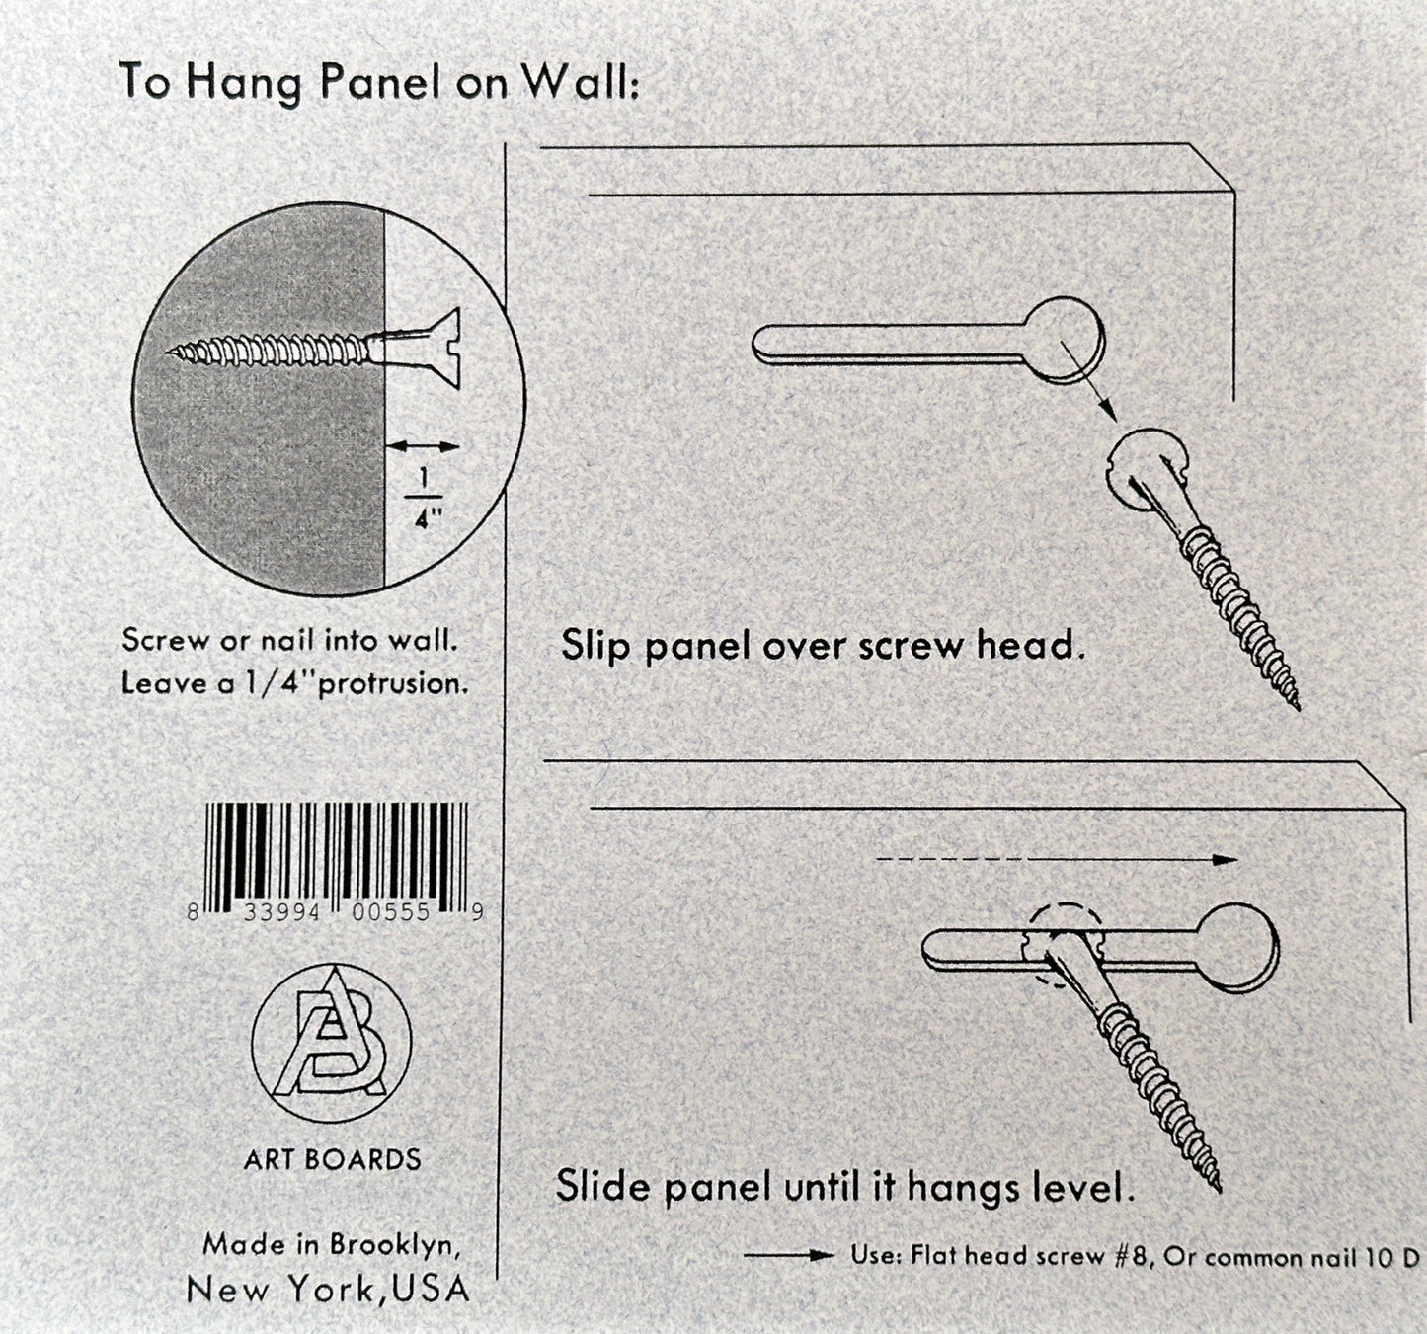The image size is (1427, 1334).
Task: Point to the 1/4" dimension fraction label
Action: click(425, 499)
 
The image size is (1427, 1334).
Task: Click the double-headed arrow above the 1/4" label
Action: click(423, 447)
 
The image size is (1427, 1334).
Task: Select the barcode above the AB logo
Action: click(337, 851)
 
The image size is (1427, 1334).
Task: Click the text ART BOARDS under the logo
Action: click(332, 1159)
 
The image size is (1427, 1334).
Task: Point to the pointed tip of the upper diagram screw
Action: click(1297, 705)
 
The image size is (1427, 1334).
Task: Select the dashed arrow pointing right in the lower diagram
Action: click(1057, 859)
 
